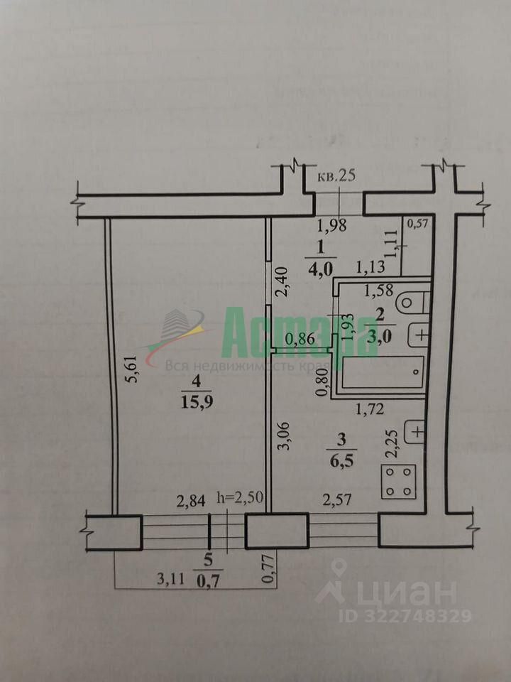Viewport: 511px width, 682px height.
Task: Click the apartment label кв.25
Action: pyautogui.click(x=336, y=176)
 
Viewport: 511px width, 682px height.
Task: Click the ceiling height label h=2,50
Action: pyautogui.click(x=240, y=499)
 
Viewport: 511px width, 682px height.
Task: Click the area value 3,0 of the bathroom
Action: pyautogui.click(x=377, y=334)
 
